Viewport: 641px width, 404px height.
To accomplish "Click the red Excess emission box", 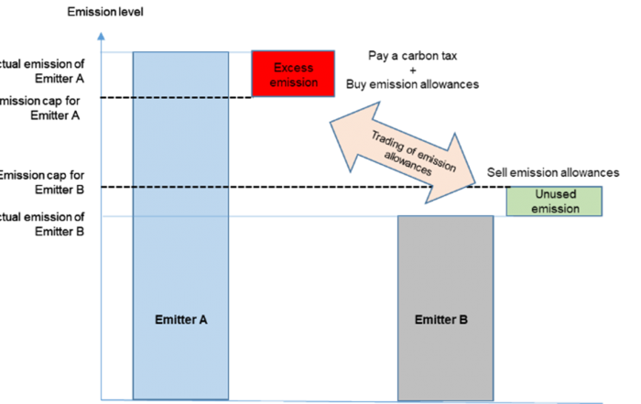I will click(x=293, y=73).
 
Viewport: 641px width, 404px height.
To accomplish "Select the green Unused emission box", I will click(x=555, y=202).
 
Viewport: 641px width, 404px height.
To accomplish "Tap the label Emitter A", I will click(x=179, y=320).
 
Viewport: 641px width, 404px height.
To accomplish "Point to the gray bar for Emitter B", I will click(x=445, y=275).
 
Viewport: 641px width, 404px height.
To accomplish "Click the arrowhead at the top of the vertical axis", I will click(x=101, y=38).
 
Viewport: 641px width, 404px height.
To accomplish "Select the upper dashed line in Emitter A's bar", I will click(x=179, y=98).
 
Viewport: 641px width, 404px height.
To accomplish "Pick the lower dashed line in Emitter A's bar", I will click(x=179, y=187).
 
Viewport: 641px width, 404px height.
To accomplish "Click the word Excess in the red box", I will click(x=293, y=68).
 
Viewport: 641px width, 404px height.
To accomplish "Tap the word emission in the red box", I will click(x=293, y=82).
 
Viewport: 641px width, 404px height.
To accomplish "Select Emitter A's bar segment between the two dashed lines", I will click(x=179, y=142).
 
